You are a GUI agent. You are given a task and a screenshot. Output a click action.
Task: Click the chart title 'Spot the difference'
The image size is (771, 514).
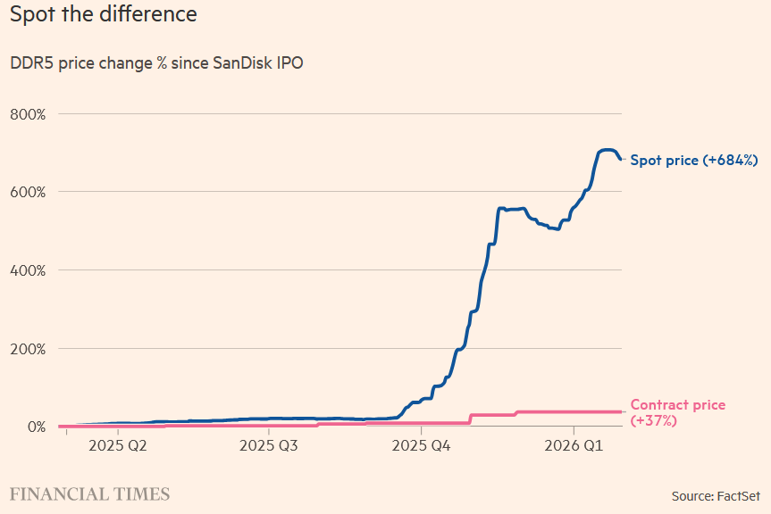pyautogui.click(x=103, y=15)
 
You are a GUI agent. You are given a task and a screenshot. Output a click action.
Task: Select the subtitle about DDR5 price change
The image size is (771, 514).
pyautogui.click(x=156, y=64)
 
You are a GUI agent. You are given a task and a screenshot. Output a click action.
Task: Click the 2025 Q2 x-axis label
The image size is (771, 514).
pyautogui.click(x=117, y=444)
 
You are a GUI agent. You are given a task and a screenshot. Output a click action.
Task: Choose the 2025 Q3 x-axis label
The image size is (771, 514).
pyautogui.click(x=270, y=444)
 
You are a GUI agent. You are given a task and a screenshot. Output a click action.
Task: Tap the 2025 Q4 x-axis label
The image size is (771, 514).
pyautogui.click(x=423, y=444)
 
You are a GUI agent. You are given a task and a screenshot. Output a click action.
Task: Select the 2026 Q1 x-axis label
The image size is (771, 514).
pyautogui.click(x=574, y=444)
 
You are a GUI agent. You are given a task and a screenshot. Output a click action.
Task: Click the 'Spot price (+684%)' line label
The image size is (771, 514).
pyautogui.click(x=694, y=161)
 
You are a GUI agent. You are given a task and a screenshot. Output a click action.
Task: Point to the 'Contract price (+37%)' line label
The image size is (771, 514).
pyautogui.click(x=677, y=412)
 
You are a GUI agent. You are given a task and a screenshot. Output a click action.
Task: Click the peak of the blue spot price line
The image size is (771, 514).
pyautogui.click(x=606, y=150)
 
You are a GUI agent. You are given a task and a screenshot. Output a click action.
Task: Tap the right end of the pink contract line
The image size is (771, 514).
pyautogui.click(x=620, y=411)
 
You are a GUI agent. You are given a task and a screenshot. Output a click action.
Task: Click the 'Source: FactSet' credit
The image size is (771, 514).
pyautogui.click(x=715, y=495)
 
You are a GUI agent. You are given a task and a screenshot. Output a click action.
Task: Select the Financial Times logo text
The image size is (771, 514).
pyautogui.click(x=89, y=494)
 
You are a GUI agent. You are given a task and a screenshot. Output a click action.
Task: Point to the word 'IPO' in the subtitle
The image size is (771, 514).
pyautogui.click(x=290, y=64)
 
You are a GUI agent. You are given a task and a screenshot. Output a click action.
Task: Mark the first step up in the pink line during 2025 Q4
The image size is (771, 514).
pyautogui.click(x=470, y=419)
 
